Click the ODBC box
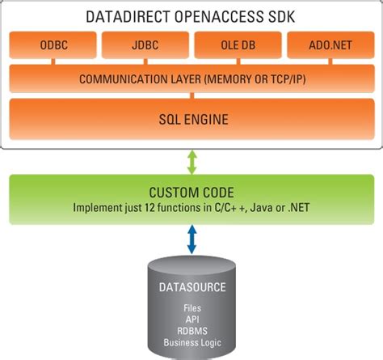pyautogui.click(x=53, y=45)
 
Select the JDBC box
pyautogui.click(x=145, y=45)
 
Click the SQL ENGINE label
pyautogui.click(x=192, y=120)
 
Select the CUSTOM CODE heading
pyautogui.click(x=191, y=193)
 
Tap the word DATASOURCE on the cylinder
pyautogui.click(x=191, y=287)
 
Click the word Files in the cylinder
pyautogui.click(x=191, y=308)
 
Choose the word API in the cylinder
pyautogui.click(x=191, y=320)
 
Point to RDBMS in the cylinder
pyautogui.click(x=191, y=331)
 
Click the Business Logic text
pyautogui.click(x=191, y=342)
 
